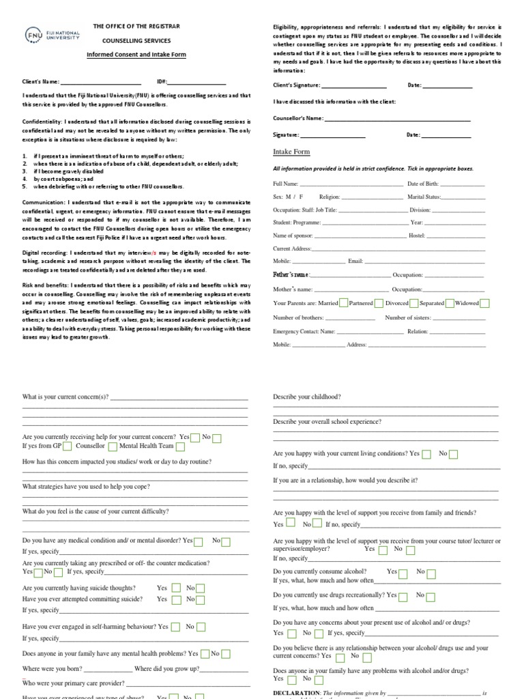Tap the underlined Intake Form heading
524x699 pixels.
[x=291, y=152]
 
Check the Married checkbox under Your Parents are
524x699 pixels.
[x=344, y=303]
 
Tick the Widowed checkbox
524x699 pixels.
[x=484, y=303]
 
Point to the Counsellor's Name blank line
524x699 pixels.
[x=397, y=119]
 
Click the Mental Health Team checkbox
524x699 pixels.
[x=180, y=446]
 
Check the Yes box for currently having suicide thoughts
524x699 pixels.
[x=176, y=588]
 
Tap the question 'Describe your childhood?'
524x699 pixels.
[x=307, y=397]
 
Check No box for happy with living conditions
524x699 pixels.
[x=453, y=454]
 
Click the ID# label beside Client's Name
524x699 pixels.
[x=162, y=81]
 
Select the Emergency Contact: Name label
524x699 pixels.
[x=304, y=331]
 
